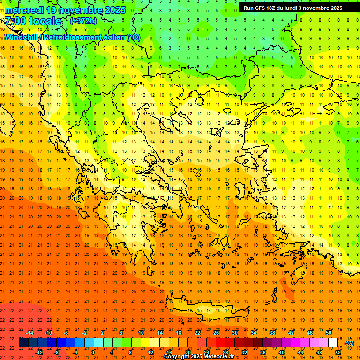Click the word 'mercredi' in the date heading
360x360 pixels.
[x=23, y=10]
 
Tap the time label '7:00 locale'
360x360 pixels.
[x=33, y=21]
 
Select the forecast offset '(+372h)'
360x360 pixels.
[x=83, y=21]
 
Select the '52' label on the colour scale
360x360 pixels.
[x=337, y=352]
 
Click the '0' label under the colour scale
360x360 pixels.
[x=93, y=352]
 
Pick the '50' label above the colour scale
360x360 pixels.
[x=329, y=333]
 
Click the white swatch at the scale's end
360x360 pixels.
[x=333, y=343]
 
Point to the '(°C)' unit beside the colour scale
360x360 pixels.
[x=349, y=343]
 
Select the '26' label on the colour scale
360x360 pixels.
[x=216, y=333]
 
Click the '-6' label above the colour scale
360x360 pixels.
[x=66, y=333]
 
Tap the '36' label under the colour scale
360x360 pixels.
[x=263, y=352]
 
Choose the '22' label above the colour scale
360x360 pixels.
[x=197, y=333]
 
